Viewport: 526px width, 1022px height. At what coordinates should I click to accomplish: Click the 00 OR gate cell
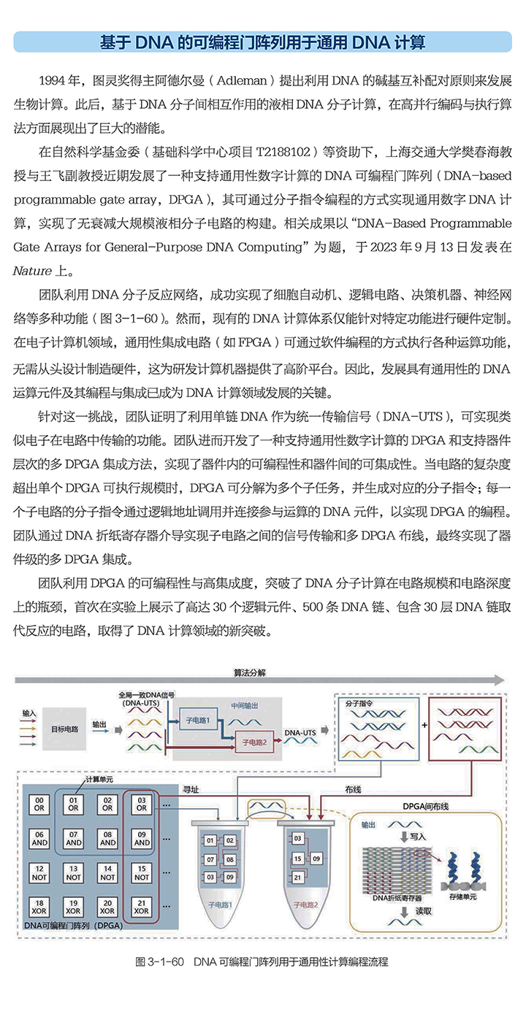point(39,804)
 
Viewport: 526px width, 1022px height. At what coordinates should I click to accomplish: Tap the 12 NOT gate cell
point(39,872)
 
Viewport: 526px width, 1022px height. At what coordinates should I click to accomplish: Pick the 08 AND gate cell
point(107,838)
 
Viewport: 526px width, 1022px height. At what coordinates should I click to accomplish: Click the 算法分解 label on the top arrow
point(250,672)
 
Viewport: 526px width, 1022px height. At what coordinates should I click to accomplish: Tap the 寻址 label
point(191,789)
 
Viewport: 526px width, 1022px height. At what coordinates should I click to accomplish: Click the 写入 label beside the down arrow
point(417,837)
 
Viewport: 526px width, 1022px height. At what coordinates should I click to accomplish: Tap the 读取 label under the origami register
point(422,910)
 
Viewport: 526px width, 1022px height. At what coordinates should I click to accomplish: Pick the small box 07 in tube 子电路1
point(210,858)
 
